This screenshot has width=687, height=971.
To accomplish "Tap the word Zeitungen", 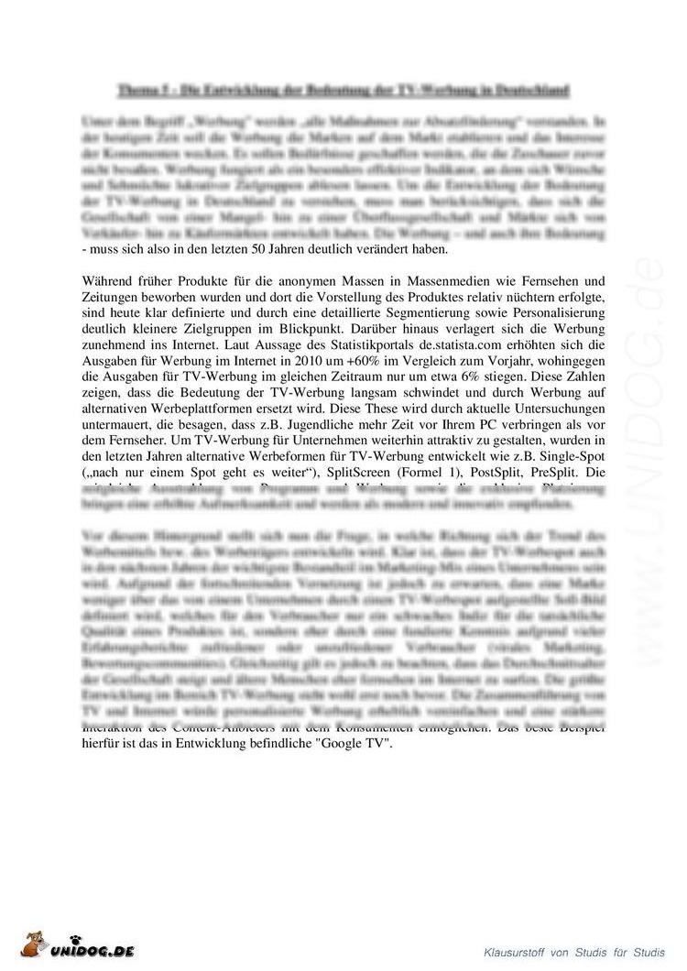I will [x=110, y=299].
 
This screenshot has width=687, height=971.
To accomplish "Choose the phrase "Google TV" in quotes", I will [x=353, y=745].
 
